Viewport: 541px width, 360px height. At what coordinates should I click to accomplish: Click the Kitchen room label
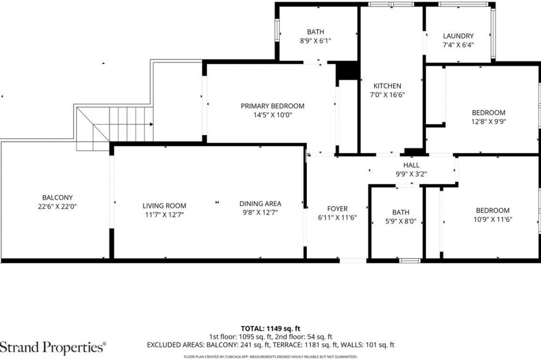(387, 86)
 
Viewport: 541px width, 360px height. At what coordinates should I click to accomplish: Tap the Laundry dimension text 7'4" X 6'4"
(458, 45)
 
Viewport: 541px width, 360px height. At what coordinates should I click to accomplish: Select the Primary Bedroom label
(273, 106)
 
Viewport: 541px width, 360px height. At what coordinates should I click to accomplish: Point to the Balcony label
(57, 198)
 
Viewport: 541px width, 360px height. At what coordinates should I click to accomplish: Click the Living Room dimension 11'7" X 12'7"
(164, 215)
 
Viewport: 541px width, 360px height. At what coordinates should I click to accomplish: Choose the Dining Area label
(260, 203)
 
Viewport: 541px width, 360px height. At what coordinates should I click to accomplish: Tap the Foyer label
(338, 209)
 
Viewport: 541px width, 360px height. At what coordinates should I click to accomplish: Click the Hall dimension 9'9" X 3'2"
(411, 174)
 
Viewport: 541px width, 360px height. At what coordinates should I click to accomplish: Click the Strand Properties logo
(53, 347)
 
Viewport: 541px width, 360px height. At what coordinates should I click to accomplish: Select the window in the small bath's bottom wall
(410, 261)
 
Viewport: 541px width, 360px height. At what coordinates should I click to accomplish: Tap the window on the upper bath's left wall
(276, 30)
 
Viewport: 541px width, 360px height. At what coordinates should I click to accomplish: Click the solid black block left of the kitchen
(347, 71)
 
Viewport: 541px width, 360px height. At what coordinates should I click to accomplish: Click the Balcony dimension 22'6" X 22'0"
(57, 207)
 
